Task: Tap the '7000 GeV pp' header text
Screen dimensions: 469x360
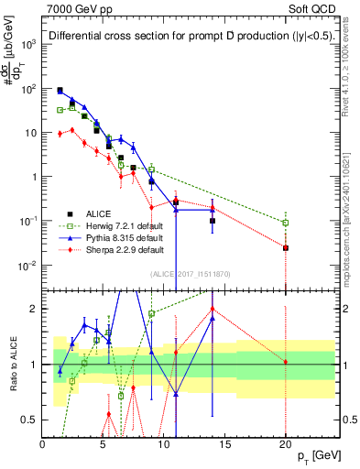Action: [72, 7]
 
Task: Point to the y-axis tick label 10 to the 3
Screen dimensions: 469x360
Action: [27, 44]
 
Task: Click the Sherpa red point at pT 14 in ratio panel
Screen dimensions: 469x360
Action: [213, 309]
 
